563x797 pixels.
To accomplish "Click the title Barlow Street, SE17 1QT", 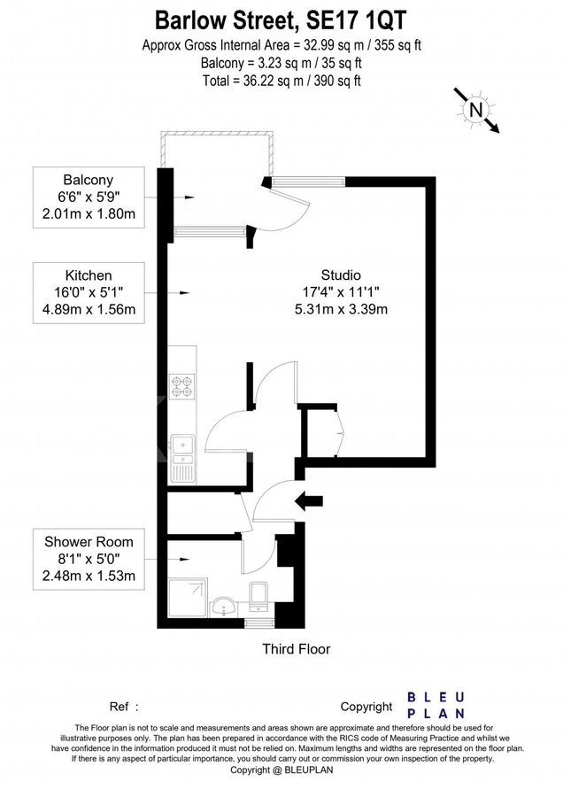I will [281, 19].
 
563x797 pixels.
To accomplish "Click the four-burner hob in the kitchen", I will [181, 385].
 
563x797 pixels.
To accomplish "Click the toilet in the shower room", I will [258, 597].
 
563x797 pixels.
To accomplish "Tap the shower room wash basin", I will [224, 606].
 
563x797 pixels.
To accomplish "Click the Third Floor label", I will [296, 649].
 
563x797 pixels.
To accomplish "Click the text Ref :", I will [124, 707].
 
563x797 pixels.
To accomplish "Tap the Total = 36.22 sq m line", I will [281, 80].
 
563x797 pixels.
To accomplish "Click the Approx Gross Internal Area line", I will [281, 45].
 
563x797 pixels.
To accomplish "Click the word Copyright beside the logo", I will [366, 707].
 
